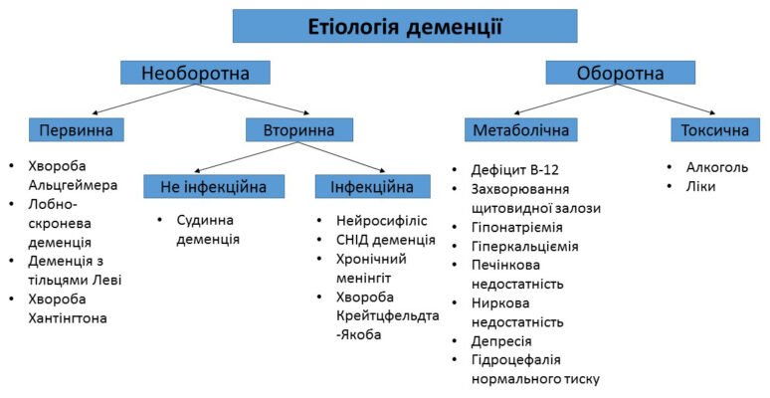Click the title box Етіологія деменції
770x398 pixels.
404,26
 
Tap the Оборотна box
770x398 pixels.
620,73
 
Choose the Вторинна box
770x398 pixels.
298,129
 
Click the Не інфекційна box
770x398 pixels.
214,186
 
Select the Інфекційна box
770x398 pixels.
373,186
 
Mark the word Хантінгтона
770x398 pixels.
74,317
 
